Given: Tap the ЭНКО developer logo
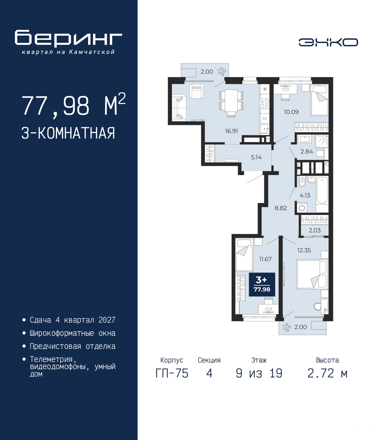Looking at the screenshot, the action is pos(328,42).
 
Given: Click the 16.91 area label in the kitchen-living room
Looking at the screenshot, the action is pos(231,131).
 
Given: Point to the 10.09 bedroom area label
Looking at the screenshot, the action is pos(291,112).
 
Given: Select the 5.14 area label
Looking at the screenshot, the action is pos(256,157).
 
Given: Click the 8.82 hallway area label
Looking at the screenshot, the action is pos(281,208).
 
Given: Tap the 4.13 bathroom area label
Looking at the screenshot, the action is pos(305,195).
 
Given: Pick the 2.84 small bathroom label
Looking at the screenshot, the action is pos(307,152).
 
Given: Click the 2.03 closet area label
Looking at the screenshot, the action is pos(315,230).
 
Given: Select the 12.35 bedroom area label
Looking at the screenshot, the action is pos(304,250).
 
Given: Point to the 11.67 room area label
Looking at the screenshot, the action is pos(265,259).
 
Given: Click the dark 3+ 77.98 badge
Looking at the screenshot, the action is pos(262,284).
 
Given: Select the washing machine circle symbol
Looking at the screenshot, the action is pos(302,208).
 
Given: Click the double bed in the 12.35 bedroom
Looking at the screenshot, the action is pos(312,274).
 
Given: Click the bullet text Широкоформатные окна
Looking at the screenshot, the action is pos(73,333).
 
